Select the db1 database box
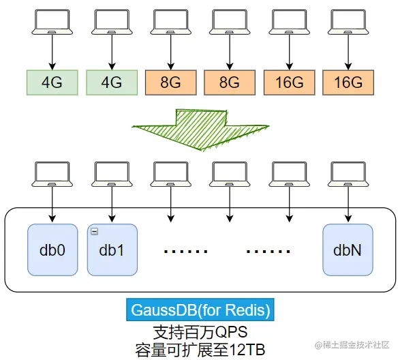click(112, 250)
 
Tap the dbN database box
click(348, 250)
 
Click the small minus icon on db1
click(94, 232)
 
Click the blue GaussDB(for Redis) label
click(200, 310)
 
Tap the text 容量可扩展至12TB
click(199, 349)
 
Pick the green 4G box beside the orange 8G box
click(112, 82)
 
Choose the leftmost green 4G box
click(52, 82)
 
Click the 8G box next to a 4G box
click(170, 82)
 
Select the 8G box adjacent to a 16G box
click(230, 82)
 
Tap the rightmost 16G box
click(348, 82)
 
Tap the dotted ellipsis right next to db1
click(185, 252)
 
